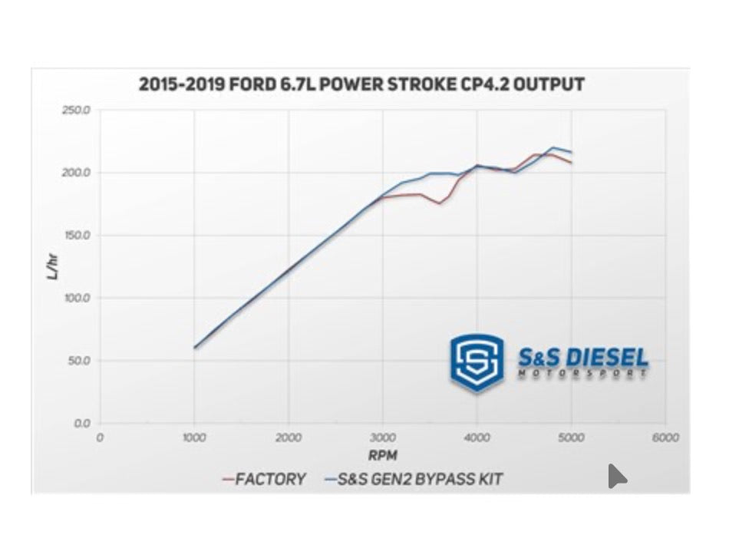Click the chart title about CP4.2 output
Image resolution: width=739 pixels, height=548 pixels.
(x=361, y=84)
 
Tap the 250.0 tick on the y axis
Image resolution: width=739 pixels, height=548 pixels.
(x=76, y=111)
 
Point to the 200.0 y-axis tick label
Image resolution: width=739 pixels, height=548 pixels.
(x=76, y=173)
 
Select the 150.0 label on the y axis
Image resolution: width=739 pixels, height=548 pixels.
(x=76, y=236)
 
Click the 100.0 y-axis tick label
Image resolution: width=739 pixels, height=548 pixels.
(x=76, y=298)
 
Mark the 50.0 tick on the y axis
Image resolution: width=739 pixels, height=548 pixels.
(x=78, y=361)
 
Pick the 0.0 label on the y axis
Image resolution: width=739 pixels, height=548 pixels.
(x=81, y=423)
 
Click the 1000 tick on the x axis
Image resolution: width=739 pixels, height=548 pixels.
(x=194, y=437)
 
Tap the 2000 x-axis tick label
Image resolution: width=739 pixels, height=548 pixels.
(x=289, y=437)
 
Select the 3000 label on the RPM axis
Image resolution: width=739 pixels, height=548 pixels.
(x=383, y=437)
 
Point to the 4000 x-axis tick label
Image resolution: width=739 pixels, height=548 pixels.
(x=477, y=437)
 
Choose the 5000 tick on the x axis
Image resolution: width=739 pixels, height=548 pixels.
(x=572, y=437)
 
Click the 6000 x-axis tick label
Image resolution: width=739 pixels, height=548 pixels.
(x=665, y=437)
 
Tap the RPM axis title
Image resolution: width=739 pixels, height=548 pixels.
(x=381, y=456)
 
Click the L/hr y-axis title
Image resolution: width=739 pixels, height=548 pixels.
(x=52, y=266)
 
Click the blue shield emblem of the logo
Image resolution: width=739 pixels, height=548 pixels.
(x=477, y=361)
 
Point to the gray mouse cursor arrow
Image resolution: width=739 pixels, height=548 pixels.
(x=616, y=477)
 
